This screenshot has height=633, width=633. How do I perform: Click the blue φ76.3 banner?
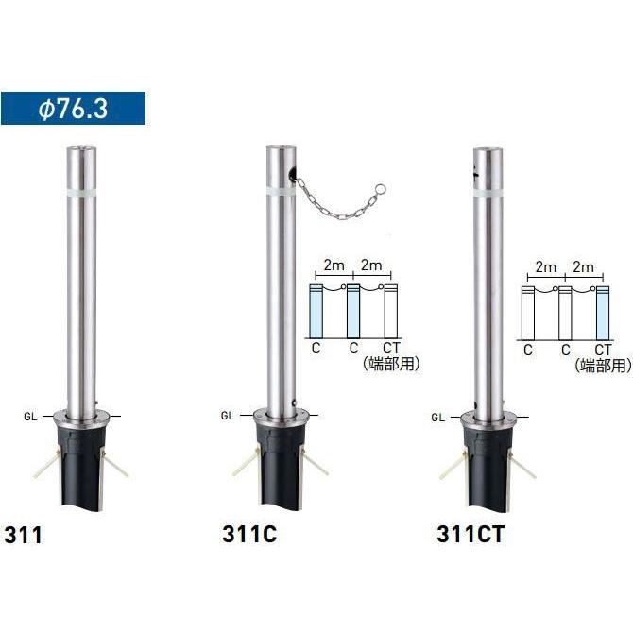click(73, 109)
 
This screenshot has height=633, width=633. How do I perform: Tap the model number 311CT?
click(470, 534)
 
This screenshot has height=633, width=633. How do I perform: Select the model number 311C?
click(249, 534)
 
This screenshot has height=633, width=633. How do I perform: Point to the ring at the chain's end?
click(380, 189)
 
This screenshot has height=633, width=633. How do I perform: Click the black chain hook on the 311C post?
click(292, 175)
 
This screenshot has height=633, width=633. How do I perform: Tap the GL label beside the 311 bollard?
click(30, 417)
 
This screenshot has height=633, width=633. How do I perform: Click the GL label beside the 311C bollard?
click(228, 416)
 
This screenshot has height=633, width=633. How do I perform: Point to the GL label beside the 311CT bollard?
click(437, 418)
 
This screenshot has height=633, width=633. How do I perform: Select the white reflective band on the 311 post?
click(81, 192)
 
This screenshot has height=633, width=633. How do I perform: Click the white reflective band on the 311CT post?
click(488, 193)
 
